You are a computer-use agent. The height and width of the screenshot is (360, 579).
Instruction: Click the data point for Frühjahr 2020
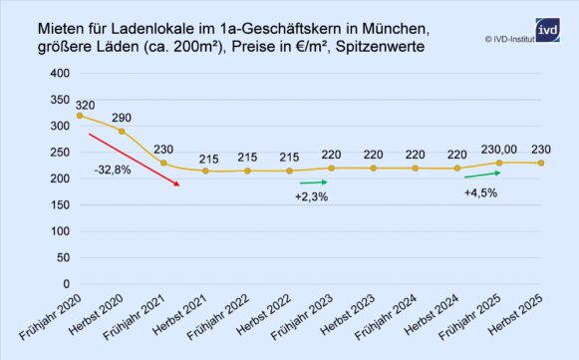(80, 116)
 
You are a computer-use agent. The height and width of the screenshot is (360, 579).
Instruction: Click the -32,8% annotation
(112, 170)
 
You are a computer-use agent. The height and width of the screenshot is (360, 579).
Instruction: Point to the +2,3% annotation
(311, 197)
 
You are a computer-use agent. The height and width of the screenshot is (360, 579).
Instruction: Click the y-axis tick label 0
(65, 284)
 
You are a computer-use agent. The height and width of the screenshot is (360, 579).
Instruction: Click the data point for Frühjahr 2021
(164, 164)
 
